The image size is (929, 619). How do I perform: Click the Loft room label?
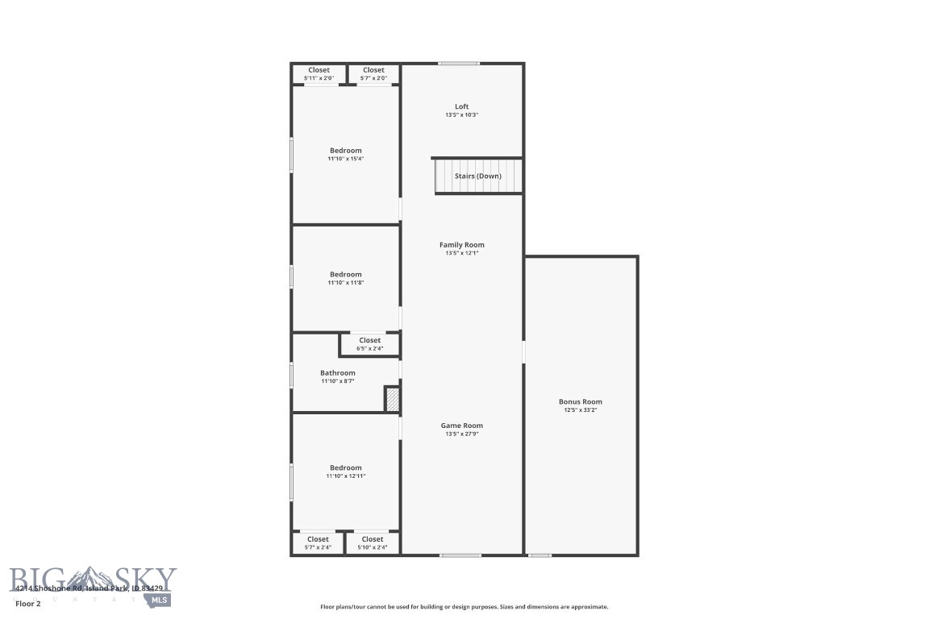tap(461, 106)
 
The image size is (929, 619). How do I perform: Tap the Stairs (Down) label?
tap(477, 176)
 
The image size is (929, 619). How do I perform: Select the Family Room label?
tap(461, 244)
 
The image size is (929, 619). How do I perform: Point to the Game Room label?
tap(461, 426)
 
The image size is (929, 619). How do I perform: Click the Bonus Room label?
tap(580, 401)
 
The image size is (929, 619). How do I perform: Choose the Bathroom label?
tap(337, 373)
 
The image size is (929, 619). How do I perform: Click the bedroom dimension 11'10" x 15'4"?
tap(345, 159)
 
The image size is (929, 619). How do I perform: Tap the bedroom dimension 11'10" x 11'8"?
tap(345, 283)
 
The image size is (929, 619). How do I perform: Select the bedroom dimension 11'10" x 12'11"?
tap(345, 476)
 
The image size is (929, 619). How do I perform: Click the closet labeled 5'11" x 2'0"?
tap(319, 78)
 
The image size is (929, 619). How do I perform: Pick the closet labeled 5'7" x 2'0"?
tap(373, 78)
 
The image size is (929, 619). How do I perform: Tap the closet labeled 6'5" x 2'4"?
tap(369, 348)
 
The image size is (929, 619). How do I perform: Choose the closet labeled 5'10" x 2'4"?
tap(373, 547)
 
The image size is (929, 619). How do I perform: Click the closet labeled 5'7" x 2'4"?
tap(318, 547)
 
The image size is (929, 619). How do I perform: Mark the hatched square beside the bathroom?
tap(392, 400)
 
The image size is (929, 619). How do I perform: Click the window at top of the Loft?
tap(458, 63)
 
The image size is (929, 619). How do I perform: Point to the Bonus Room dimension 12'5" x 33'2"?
tap(580, 410)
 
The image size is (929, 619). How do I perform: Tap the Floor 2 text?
tap(27, 603)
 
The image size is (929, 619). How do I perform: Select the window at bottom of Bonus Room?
tap(539, 555)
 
